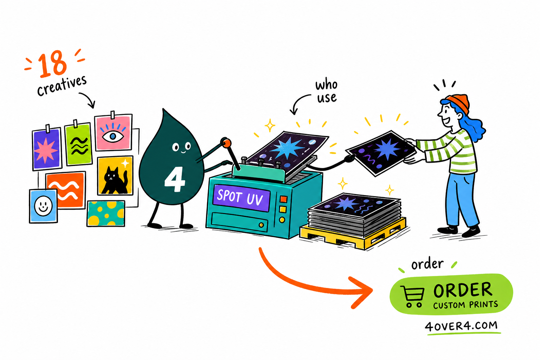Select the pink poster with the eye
[113, 133]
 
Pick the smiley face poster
[43, 206]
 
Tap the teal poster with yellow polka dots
[106, 214]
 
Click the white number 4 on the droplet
[174, 180]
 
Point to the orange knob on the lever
[226, 143]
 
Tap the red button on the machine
[283, 199]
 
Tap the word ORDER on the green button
[462, 290]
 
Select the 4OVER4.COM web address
[461, 326]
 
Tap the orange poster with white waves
[66, 190]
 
